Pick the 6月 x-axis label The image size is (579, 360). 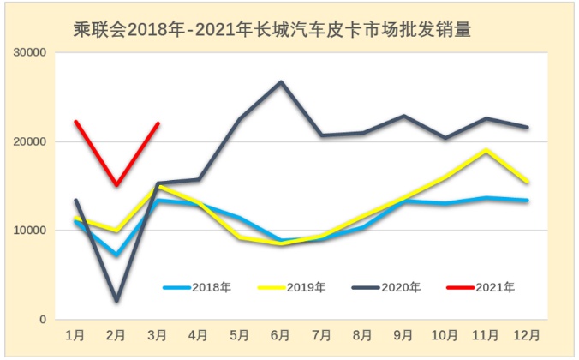(280, 334)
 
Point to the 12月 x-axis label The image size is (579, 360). (527, 334)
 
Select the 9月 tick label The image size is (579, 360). (403, 334)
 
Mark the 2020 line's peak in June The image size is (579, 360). (281, 82)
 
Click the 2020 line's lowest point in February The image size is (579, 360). (116, 301)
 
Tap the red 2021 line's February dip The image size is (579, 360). (116, 184)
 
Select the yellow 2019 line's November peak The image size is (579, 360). (486, 150)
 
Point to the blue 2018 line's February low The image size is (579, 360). (116, 255)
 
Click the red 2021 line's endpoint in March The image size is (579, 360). (158, 123)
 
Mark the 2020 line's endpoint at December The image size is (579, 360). (527, 127)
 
